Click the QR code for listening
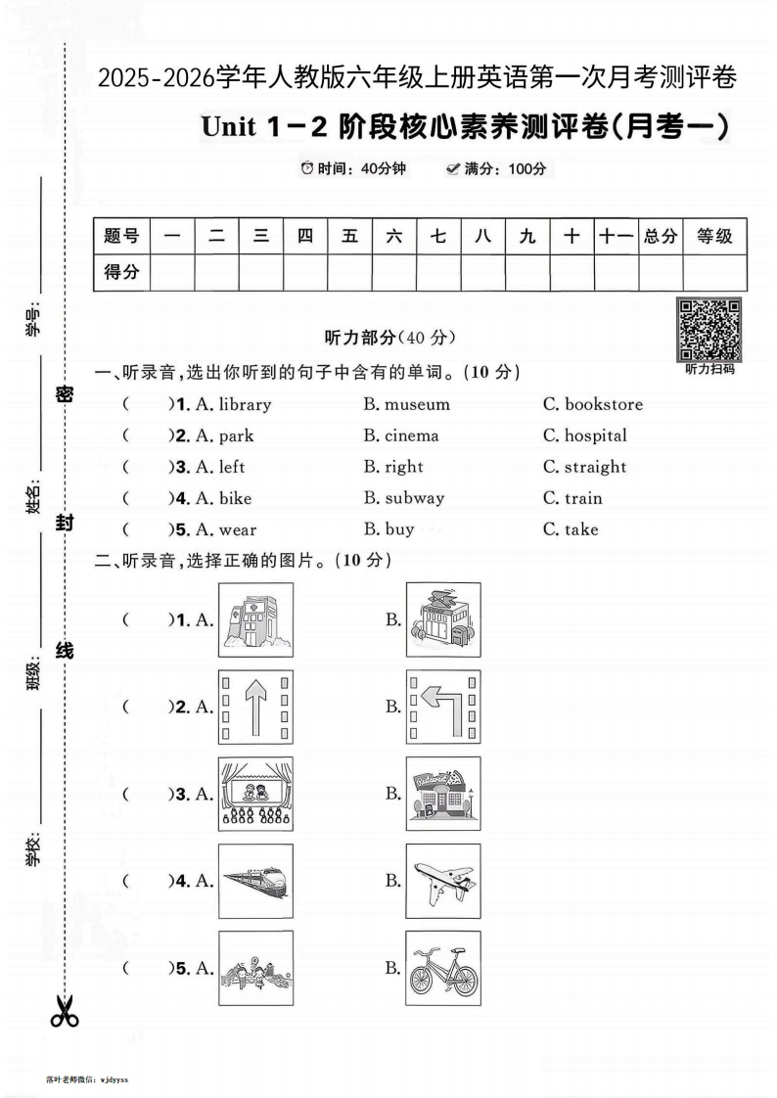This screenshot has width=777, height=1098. [x=709, y=330]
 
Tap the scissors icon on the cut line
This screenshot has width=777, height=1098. [x=65, y=1011]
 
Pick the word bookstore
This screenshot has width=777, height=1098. [x=604, y=404]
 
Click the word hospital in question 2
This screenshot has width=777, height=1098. [x=595, y=435]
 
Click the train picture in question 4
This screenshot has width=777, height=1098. [x=254, y=881]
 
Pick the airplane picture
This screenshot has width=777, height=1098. [x=443, y=881]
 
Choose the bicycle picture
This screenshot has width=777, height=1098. [x=443, y=968]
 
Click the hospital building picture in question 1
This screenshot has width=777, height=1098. [x=254, y=619]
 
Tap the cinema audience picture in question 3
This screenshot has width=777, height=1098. [x=254, y=794]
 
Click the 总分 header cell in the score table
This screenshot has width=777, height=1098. [x=660, y=236]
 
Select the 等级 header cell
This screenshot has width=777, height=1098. [x=714, y=236]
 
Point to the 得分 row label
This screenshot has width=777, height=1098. [x=121, y=273]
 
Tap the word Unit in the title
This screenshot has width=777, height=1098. [x=228, y=127]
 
